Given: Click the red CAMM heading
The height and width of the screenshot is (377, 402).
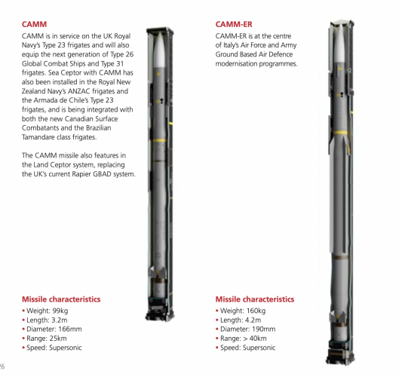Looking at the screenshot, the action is (x=34, y=24).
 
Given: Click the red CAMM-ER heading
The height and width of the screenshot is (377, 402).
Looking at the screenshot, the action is (x=234, y=24).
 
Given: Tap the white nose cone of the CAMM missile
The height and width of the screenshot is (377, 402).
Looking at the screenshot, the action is (x=159, y=50).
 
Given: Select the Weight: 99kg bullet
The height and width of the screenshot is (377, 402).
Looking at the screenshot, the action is (x=45, y=311).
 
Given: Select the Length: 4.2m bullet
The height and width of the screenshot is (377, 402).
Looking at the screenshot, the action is (x=238, y=320).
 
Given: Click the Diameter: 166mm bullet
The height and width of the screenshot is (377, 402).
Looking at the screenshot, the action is (x=52, y=329).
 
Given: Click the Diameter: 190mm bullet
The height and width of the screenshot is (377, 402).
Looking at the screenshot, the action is (x=246, y=329).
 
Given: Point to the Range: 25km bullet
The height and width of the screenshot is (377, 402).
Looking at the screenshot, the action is (x=44, y=339).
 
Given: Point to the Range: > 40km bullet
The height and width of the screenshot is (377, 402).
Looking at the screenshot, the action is (x=241, y=339).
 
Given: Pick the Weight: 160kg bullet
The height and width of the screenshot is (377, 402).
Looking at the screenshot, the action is (x=241, y=311).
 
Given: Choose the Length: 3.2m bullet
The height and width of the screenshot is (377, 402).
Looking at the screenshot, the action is (x=44, y=320).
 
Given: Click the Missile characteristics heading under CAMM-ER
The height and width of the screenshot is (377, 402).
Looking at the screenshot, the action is (x=255, y=299).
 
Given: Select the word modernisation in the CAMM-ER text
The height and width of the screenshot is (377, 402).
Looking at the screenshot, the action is (x=236, y=63).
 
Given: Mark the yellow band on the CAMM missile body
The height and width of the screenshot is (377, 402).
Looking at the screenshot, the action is (x=160, y=141).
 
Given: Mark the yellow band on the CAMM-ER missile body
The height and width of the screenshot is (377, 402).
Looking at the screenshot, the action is (x=341, y=133).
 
